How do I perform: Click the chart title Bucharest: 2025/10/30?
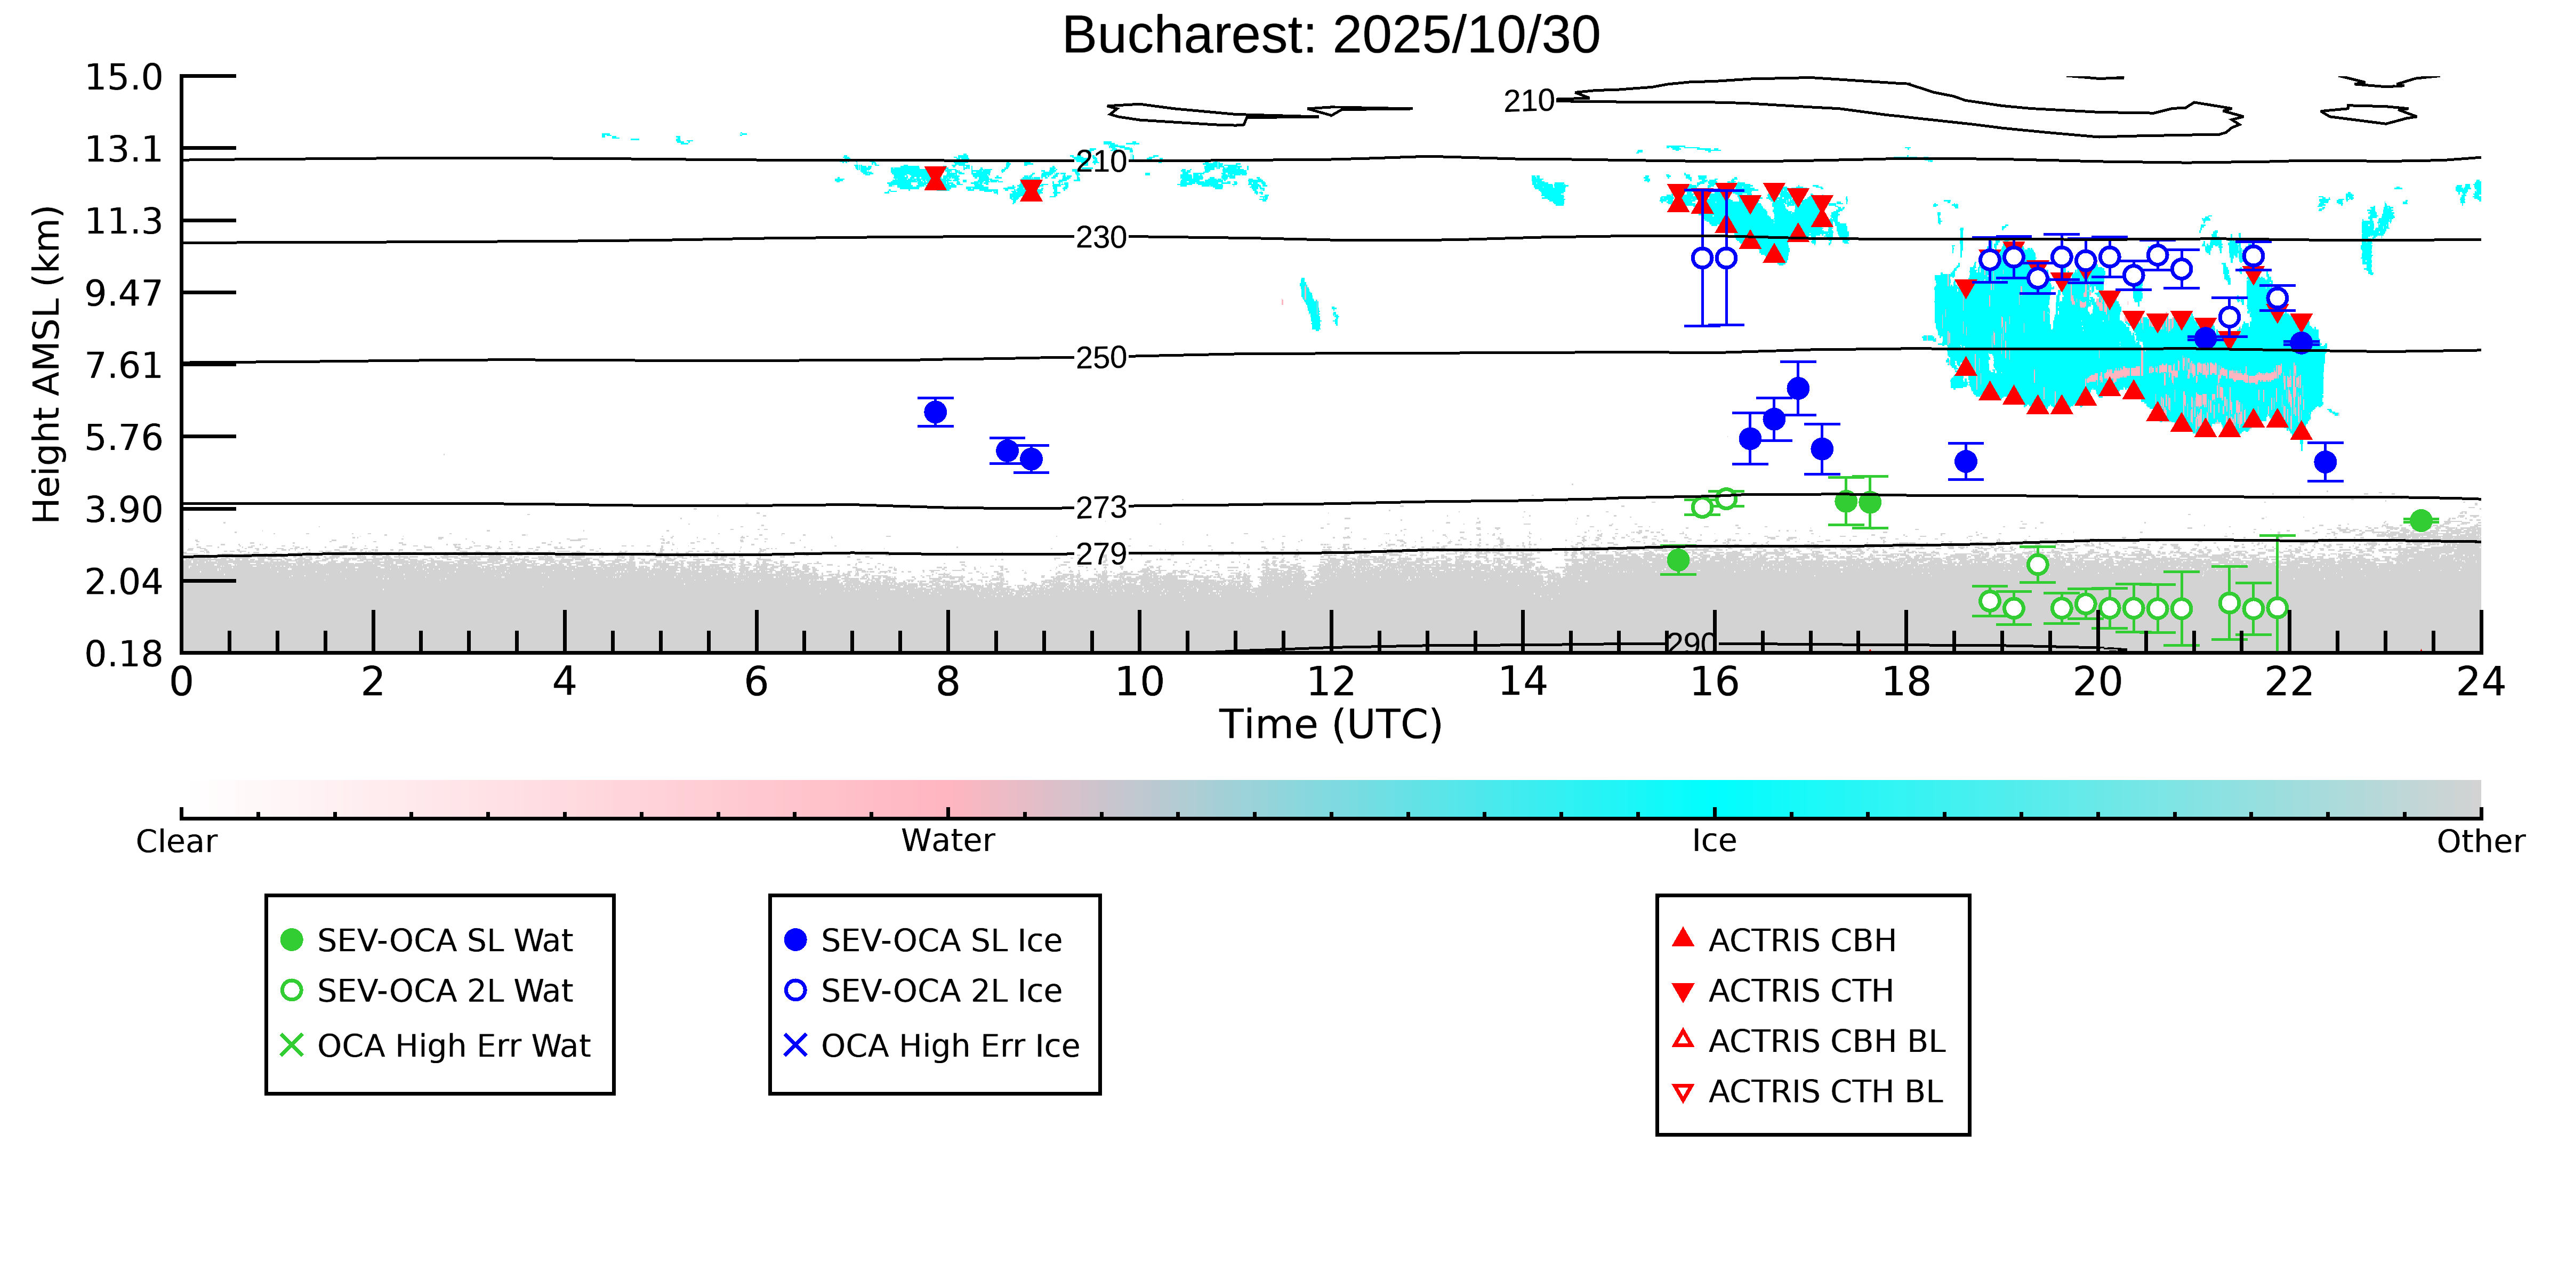tap(1331, 36)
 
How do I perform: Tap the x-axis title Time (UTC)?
tap(1331, 725)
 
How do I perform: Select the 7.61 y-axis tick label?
tap(123, 365)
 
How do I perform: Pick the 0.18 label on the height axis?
tap(123, 654)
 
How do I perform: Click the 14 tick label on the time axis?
tap(1522, 683)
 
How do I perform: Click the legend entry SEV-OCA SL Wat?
tap(444, 940)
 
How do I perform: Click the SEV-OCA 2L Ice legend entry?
tap(940, 991)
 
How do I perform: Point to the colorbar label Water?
tap(947, 841)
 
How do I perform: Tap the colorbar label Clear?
tap(177, 841)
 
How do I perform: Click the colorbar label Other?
tap(2480, 841)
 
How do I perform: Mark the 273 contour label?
tap(1101, 508)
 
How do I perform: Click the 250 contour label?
tap(1101, 358)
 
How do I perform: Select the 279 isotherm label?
tap(1101, 554)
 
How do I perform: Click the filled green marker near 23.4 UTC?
tap(2421, 520)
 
